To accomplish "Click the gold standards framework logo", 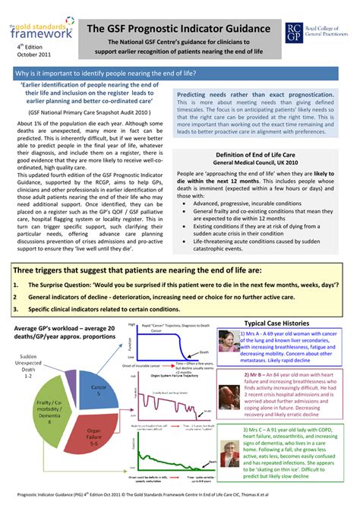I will click(41, 30).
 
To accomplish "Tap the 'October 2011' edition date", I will click(33, 55).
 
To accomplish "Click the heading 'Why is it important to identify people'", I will click(106, 73).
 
